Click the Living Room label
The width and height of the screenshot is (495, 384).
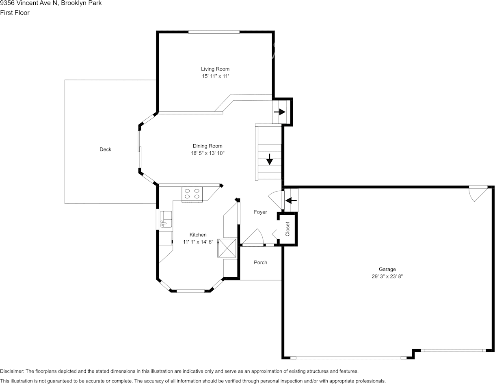(x=215, y=69)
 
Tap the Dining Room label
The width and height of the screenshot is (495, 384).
(x=208, y=146)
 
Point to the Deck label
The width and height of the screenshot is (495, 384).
(x=106, y=149)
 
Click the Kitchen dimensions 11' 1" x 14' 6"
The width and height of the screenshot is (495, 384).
(x=198, y=242)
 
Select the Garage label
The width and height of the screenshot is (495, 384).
(x=387, y=269)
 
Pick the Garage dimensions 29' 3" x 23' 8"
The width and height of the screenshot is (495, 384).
(x=387, y=276)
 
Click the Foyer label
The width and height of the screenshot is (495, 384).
(x=260, y=212)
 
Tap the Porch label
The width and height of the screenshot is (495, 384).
(x=260, y=263)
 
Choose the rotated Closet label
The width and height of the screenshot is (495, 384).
(x=287, y=229)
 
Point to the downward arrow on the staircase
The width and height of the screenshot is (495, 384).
(x=269, y=159)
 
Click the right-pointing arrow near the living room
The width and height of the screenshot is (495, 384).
(x=279, y=112)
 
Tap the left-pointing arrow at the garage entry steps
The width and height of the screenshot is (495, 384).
(x=291, y=200)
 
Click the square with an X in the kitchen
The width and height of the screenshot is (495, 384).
(x=227, y=248)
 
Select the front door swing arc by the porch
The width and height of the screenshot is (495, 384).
(x=255, y=237)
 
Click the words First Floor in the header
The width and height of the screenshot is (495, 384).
(x=15, y=13)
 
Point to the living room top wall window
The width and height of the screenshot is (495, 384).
(x=214, y=32)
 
